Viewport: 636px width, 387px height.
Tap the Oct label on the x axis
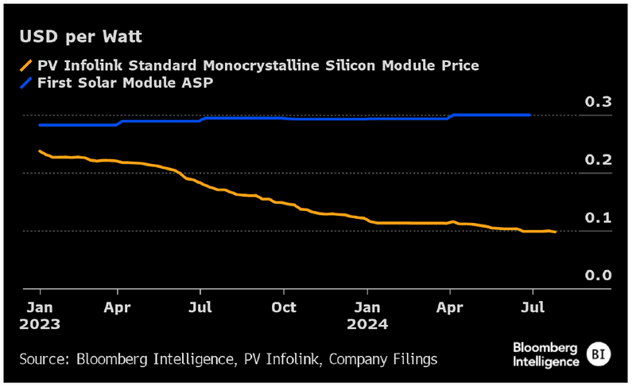(284, 307)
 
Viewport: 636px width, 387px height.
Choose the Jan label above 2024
(367, 307)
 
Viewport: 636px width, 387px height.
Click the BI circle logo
(598, 354)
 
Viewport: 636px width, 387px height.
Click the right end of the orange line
(555, 232)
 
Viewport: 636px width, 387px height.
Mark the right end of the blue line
(530, 115)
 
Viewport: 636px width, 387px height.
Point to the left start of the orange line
(39, 150)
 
